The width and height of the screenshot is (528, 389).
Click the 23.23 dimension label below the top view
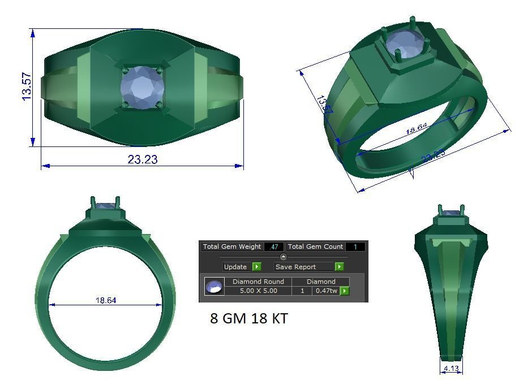[143, 159]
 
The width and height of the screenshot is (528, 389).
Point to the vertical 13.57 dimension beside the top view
[26, 87]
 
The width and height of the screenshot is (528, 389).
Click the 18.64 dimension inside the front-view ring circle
[106, 300]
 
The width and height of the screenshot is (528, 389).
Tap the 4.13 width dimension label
[451, 369]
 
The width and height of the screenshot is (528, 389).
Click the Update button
[235, 267]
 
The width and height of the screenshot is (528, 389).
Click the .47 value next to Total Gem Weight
[274, 247]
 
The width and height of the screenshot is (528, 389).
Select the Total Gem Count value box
[355, 247]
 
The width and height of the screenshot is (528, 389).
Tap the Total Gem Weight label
[232, 247]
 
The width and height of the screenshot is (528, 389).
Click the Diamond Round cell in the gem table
[258, 282]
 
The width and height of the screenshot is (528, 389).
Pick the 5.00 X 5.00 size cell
[258, 291]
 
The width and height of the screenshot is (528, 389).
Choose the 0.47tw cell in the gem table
[326, 291]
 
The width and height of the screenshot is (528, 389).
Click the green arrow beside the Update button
[257, 267]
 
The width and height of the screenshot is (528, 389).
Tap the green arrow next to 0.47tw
[344, 291]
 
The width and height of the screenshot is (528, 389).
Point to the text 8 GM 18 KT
[248, 319]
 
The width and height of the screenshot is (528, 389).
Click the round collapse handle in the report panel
[284, 257]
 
